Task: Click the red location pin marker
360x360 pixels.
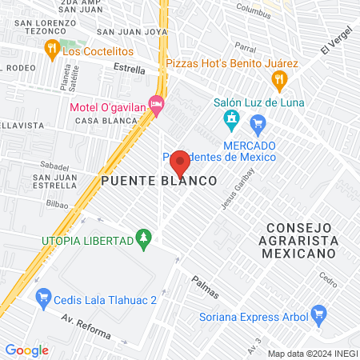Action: [x=181, y=162]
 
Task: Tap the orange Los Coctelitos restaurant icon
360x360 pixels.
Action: [x=52, y=50]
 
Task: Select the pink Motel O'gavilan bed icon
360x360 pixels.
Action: [x=157, y=103]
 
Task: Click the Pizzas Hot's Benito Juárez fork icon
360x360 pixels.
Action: [x=278, y=78]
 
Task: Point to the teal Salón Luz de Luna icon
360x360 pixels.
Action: [x=231, y=121]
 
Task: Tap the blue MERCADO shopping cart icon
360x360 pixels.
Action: [x=257, y=123]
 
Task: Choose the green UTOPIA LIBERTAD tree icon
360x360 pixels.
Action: [x=144, y=238]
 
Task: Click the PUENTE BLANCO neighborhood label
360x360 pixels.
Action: [x=159, y=182]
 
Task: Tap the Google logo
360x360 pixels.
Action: [x=27, y=350]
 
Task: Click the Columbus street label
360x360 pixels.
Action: [x=254, y=12]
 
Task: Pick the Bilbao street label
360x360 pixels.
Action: [x=56, y=205]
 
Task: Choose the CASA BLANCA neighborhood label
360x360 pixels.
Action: [x=102, y=120]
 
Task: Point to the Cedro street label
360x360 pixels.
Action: [x=328, y=280]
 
